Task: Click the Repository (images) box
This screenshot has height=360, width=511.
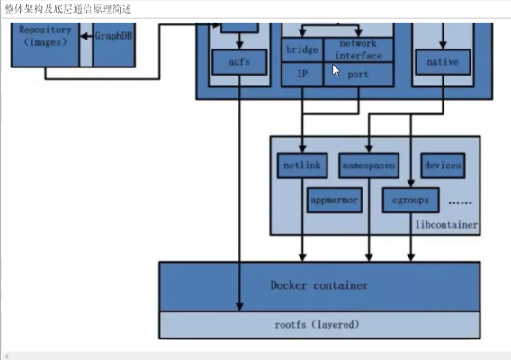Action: click(x=46, y=35)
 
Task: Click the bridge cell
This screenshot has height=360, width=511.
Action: click(x=301, y=49)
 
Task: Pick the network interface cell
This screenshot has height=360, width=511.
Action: click(x=359, y=49)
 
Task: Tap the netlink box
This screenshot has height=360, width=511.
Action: click(x=302, y=166)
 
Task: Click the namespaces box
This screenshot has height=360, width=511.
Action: click(x=369, y=166)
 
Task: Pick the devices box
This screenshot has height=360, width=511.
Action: click(x=442, y=166)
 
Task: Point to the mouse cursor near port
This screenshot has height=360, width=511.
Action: click(x=336, y=72)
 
